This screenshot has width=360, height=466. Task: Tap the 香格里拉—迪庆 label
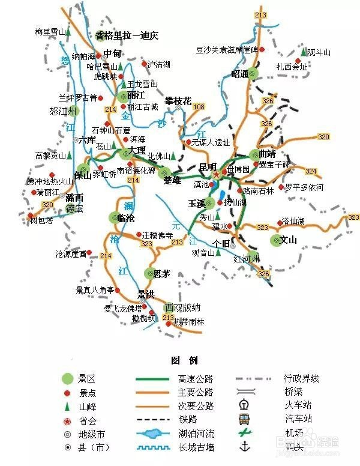pyautogui.click(x=126, y=35)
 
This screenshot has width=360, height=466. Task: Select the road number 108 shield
pyautogui.click(x=199, y=107)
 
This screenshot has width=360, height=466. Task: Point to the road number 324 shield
pyautogui.click(x=311, y=171)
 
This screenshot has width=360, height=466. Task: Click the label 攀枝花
pyautogui.click(x=178, y=101)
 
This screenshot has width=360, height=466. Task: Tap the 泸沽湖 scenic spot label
pyautogui.click(x=158, y=64)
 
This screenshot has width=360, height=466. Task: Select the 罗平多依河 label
pyautogui.click(x=304, y=187)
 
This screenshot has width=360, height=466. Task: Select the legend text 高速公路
pyautogui.click(x=196, y=379)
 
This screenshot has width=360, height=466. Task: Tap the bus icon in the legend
pyautogui.click(x=244, y=419)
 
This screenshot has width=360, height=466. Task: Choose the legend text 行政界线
pyautogui.click(x=301, y=378)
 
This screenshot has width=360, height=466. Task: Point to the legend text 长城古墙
pyautogui.click(x=196, y=447)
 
